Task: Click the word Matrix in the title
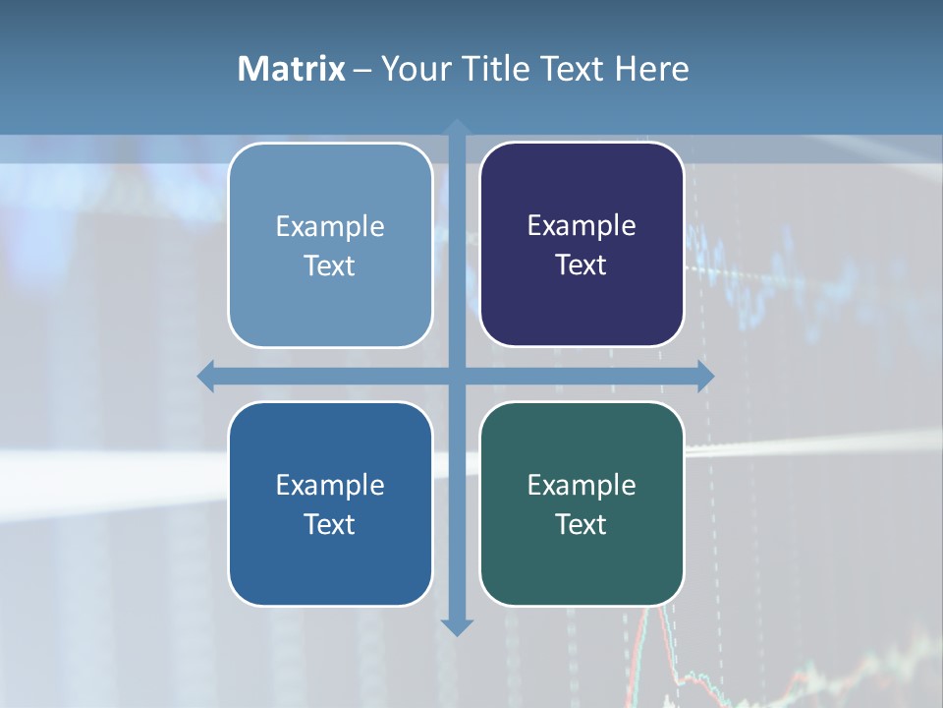[x=291, y=69]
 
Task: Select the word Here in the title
[x=651, y=69]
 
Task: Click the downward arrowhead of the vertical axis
[x=457, y=626]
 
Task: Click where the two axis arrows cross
[x=457, y=377]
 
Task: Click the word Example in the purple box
[x=582, y=226]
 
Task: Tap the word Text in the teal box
[x=582, y=524]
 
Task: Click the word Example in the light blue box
[x=330, y=227]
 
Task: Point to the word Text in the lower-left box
[x=330, y=524]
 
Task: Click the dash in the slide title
[x=362, y=70]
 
